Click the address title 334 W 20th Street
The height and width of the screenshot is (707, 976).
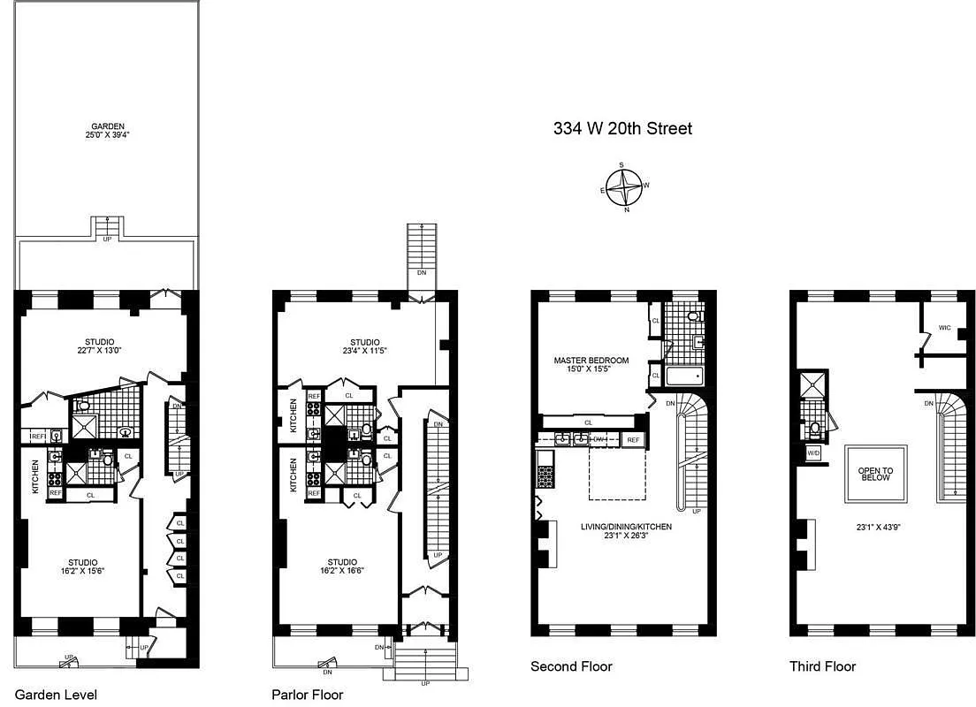tap(622, 129)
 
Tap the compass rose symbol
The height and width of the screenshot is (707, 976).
tap(626, 186)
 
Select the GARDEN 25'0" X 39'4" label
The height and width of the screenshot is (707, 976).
tap(106, 131)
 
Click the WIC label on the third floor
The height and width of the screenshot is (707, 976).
tap(945, 328)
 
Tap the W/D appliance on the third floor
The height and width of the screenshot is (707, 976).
tap(812, 454)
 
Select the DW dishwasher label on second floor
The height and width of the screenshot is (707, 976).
tap(599, 439)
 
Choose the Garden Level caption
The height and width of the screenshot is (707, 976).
tap(56, 695)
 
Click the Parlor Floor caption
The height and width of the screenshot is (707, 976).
tap(308, 695)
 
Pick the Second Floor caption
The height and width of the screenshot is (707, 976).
tap(571, 666)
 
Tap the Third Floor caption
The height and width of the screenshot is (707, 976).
tap(822, 666)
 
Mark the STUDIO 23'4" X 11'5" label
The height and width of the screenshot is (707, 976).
tap(364, 347)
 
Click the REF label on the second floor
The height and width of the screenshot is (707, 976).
tap(633, 439)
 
